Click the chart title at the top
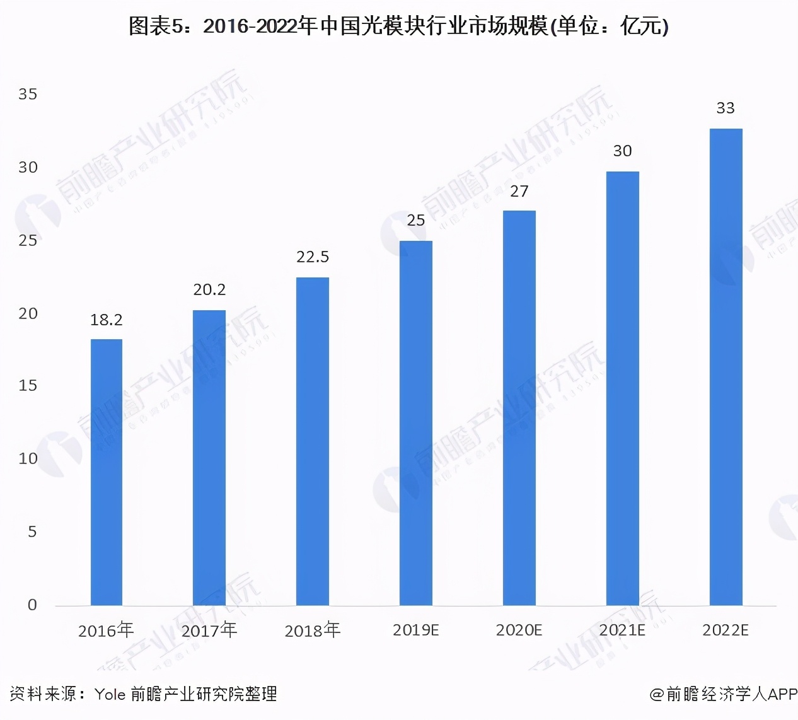(398, 26)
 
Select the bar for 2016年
(107, 472)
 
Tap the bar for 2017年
(209, 458)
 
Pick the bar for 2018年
(313, 441)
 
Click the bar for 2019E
(416, 423)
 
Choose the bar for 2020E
(519, 408)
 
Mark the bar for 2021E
(623, 388)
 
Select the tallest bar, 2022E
(726, 367)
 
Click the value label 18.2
(107, 320)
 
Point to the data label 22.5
(313, 257)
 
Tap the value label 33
(726, 108)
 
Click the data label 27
(519, 192)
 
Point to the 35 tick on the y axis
(28, 95)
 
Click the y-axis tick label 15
(28, 386)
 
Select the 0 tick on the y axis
(32, 605)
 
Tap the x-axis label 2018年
(313, 630)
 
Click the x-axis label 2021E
(622, 630)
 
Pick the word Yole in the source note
(110, 694)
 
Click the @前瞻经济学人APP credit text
(724, 694)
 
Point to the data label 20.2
(209, 290)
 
